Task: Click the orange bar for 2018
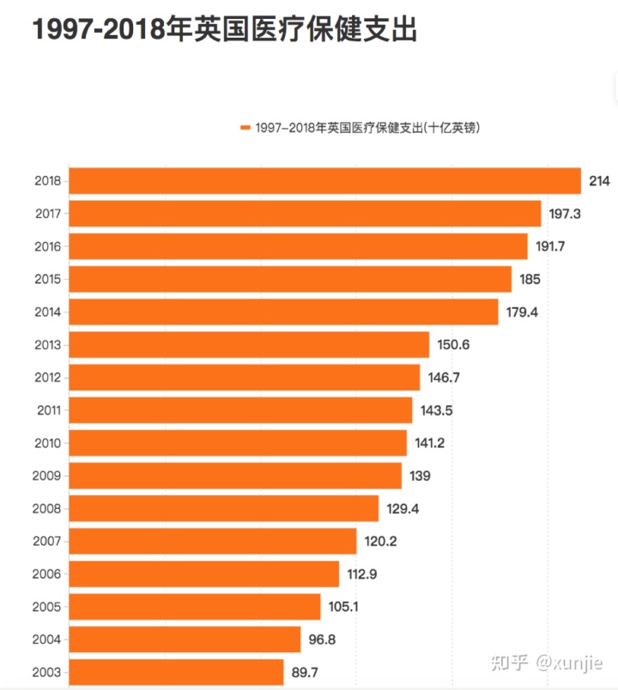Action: pos(324,181)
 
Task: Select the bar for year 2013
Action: pos(249,344)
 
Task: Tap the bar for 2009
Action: pos(235,475)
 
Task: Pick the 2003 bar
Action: pos(176,671)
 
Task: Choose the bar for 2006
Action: pos(204,573)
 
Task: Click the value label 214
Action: pos(599,181)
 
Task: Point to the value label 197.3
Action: pos(565,214)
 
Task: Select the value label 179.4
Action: pos(522,312)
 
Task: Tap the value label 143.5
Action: pos(437,410)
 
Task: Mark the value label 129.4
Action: pos(403,508)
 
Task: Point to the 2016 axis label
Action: pos(47,246)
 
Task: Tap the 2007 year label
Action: pos(47,541)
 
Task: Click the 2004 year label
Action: pos(47,639)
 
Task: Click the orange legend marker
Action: pos(245,128)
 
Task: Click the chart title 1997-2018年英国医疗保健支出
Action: pos(225,30)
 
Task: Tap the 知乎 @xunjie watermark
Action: pos(546,663)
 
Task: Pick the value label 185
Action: pos(530,279)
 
